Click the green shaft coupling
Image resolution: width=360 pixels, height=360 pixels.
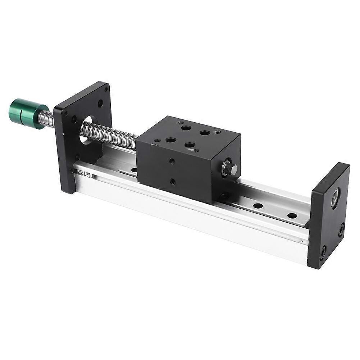point(27,112)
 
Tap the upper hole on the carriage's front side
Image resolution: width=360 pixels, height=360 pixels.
point(172,161)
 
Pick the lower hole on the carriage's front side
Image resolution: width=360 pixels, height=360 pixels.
point(173,182)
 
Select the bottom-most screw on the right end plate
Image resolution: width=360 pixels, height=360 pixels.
point(323,251)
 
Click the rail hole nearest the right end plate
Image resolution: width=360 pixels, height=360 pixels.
point(292,216)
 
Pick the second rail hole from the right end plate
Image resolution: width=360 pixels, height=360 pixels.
point(258,206)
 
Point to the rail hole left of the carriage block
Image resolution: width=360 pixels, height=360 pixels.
point(134,169)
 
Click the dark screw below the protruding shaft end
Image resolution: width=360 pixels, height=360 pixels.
point(225,196)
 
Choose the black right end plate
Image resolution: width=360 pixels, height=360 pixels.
point(329,216)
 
